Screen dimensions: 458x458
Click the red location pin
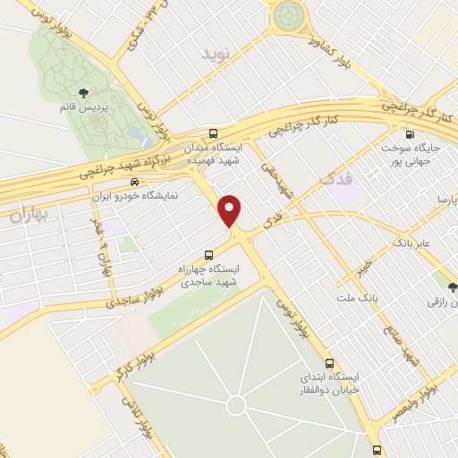231,210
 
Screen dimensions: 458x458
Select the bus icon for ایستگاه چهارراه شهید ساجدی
208,253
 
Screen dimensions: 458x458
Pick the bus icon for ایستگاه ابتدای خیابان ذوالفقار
330,363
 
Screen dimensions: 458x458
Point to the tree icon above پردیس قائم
84,92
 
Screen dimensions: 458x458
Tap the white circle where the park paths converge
235,405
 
